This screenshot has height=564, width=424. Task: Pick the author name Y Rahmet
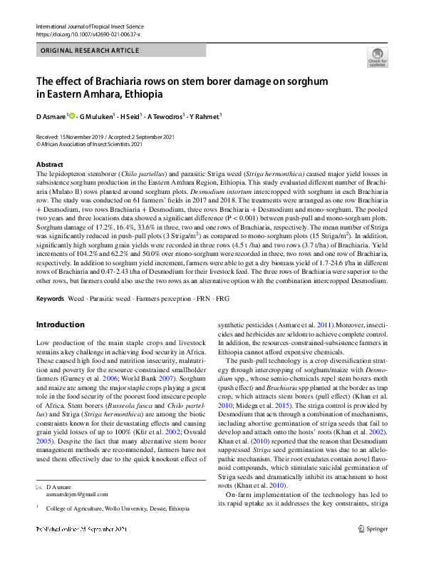(203, 116)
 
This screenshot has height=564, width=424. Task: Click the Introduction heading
(60, 324)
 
